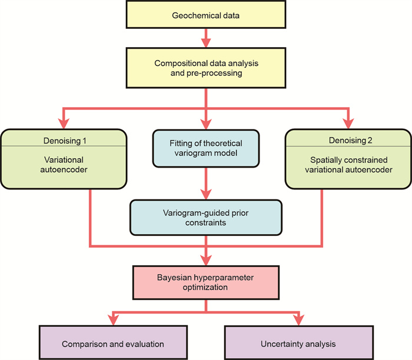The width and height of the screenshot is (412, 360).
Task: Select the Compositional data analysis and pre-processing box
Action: [206, 68]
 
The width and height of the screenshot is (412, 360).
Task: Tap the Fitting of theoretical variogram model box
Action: [206, 148]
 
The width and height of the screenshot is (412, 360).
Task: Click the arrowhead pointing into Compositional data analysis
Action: [206, 42]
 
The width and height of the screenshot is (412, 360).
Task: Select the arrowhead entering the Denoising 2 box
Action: [348, 122]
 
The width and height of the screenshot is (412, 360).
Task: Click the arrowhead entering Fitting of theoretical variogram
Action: [206, 123]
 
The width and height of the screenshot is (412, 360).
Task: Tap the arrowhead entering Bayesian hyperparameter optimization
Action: [206, 258]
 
